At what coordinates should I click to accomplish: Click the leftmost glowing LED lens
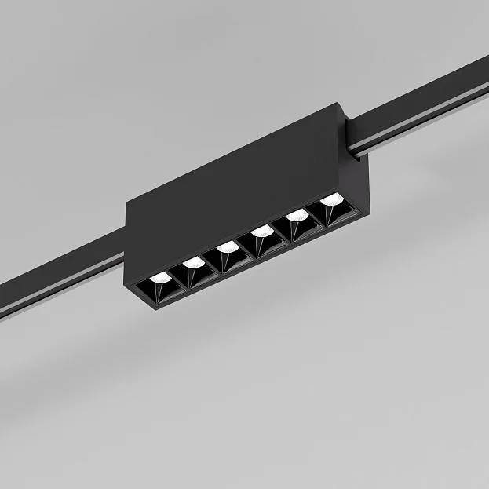click(x=160, y=278)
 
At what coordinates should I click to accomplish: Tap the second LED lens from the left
click(x=194, y=262)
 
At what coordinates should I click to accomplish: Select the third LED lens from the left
click(x=228, y=246)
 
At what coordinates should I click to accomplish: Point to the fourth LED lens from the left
click(x=262, y=231)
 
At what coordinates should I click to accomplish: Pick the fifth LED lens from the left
click(x=296, y=214)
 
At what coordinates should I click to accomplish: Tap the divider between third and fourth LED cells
click(x=246, y=245)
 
